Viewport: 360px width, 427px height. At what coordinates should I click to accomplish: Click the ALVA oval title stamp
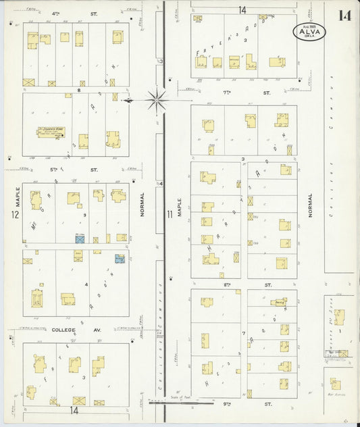(309, 31)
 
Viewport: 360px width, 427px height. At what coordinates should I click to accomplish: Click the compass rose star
(157, 101)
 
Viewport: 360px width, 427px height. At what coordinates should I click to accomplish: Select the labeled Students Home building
(51, 133)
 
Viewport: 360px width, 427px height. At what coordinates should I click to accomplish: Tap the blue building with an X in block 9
(79, 239)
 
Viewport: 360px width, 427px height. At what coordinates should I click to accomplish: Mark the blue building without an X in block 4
(120, 258)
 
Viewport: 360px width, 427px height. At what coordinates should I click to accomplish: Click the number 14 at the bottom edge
(73, 410)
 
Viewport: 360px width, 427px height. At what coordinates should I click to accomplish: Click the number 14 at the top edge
(242, 9)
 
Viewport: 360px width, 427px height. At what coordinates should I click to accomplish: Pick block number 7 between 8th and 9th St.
(243, 334)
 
